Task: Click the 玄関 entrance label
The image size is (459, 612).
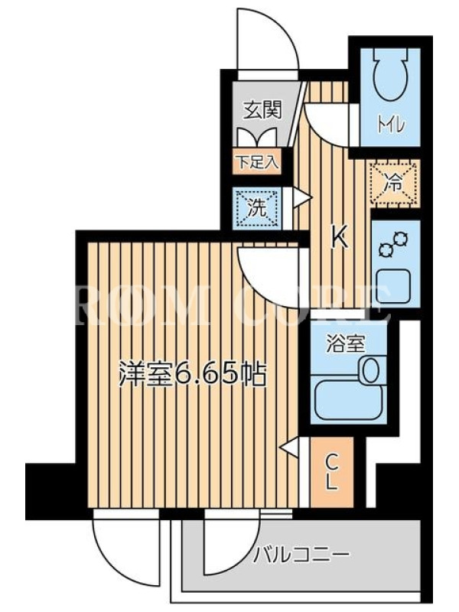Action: point(262,110)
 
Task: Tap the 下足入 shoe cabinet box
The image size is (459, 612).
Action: point(257,161)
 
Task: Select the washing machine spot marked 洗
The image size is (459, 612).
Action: point(257,208)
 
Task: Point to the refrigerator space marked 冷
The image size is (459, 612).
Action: point(395,183)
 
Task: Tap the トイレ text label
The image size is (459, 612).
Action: point(391,125)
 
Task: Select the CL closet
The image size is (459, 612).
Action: point(332,472)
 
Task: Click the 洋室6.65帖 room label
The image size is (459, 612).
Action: point(193,374)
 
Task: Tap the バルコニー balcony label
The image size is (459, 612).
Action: point(301,554)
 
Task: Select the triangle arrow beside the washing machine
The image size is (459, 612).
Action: point(301,198)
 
